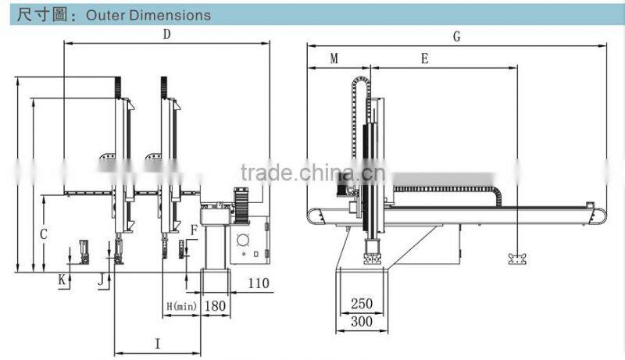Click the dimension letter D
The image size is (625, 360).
pos(166,34)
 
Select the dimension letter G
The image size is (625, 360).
pos(457,37)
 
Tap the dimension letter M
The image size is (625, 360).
pos(334,59)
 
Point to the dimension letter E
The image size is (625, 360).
pos(425,59)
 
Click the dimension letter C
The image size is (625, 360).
pos(44,234)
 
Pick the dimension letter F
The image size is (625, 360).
pos(194,230)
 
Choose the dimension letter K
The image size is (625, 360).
pos(62,280)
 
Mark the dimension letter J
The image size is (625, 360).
pos(102,280)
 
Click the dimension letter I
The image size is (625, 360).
pos(158,344)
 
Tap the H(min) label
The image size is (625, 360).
pos(181,306)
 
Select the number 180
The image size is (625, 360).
pos(216,306)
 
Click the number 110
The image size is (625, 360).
pos(259,283)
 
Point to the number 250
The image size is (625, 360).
pos(362,304)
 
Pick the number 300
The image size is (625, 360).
pos(362,322)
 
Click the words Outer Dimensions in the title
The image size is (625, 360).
pos(148,16)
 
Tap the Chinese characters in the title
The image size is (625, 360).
pos(41,15)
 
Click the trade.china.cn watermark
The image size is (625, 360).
pos(313,173)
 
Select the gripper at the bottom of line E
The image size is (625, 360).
pos(517,258)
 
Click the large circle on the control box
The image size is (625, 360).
pos(243,241)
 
